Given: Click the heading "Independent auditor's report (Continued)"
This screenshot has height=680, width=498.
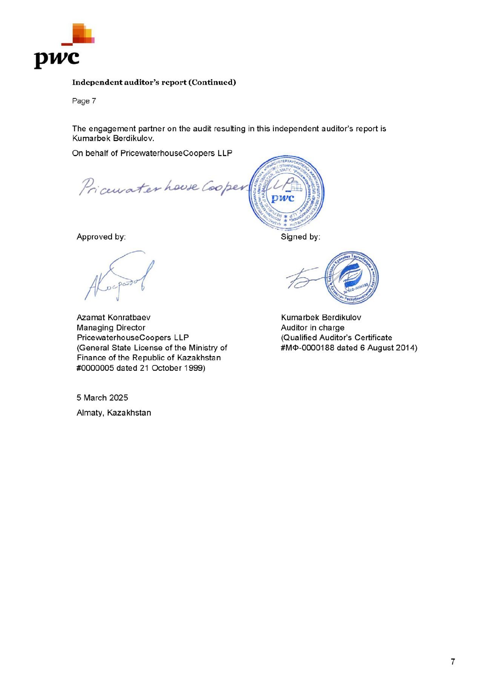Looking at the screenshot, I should click(x=154, y=82).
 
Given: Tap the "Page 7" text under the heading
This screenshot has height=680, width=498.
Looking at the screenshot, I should click(x=84, y=101).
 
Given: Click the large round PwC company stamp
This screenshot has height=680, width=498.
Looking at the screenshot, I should click(x=286, y=192).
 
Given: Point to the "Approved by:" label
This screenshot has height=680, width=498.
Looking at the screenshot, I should click(x=101, y=237).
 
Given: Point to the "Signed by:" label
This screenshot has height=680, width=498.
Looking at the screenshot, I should click(x=300, y=237).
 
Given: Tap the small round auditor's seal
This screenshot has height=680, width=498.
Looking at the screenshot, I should click(x=352, y=278).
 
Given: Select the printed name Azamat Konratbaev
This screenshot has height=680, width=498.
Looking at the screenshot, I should click(x=114, y=318).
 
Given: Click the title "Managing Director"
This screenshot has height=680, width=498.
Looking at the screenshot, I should click(x=111, y=328).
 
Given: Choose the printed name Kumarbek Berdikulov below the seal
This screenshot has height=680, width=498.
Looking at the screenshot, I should click(x=321, y=318).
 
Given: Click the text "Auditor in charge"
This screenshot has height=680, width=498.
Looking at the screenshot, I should click(x=313, y=328).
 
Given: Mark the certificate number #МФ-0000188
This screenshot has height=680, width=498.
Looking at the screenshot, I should click(x=307, y=348).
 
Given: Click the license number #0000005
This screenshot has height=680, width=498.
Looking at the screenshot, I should click(x=95, y=368).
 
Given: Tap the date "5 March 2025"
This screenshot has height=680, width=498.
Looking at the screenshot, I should click(x=102, y=398).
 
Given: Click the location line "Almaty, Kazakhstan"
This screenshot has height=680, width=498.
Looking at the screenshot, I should click(x=114, y=413).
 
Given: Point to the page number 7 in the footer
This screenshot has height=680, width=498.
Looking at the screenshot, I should click(x=453, y=662).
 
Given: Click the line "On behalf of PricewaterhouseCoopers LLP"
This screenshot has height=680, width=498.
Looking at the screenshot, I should click(x=152, y=153).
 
